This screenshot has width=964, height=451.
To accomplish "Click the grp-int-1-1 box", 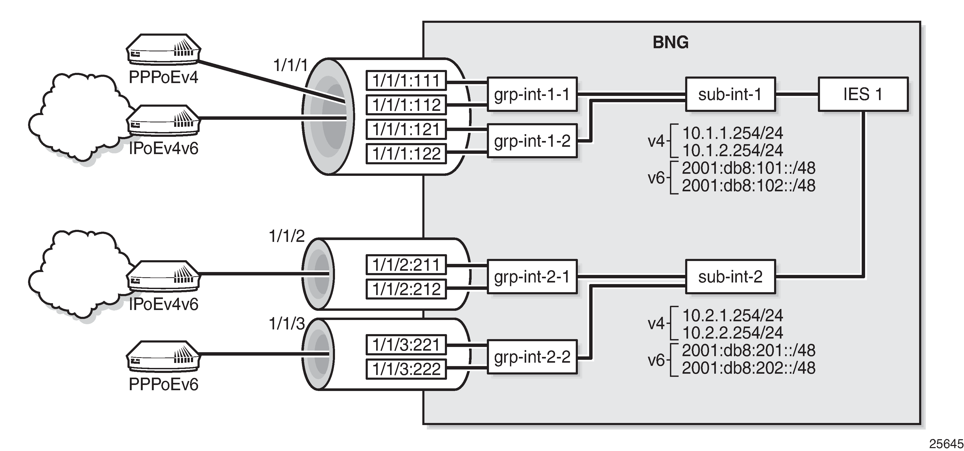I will pos(532,94).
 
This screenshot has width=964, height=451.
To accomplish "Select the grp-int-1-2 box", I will pos(532,141).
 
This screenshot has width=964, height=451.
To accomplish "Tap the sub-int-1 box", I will pos(730,94).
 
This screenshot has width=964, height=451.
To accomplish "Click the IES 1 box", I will pos(863,94).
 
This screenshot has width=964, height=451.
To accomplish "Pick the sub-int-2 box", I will pos(730,277).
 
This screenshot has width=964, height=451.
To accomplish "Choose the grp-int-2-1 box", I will pos(532,277).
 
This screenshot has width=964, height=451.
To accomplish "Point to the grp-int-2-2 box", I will pos(532,357).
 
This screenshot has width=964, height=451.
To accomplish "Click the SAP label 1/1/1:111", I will pos(406,80).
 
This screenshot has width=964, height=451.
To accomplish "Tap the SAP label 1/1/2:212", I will pos(406,289).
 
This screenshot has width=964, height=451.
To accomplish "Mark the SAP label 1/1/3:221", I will pos(406,344).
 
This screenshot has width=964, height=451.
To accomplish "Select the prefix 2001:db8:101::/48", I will pos(748,168).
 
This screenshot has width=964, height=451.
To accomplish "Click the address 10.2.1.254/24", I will pos(732,315).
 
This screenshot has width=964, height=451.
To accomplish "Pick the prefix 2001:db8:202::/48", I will pos(748,368).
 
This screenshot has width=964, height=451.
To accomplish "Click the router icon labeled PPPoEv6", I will pos(163,356).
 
